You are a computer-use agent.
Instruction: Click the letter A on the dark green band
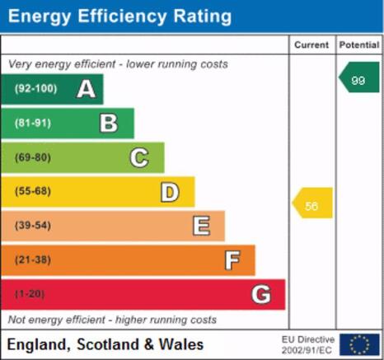tap(87, 89)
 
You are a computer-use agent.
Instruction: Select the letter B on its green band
tap(109, 123)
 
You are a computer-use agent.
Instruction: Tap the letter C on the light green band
tap(139, 157)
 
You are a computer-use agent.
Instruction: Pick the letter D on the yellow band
tap(170, 192)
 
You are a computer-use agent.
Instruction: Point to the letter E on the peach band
tap(201, 226)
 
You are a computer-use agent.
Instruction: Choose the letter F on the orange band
tap(232, 260)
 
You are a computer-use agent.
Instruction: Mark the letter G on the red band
tap(261, 294)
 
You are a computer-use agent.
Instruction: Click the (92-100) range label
tap(36, 88)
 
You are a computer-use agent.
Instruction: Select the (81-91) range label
tap(33, 123)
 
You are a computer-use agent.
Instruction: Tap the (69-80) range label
tap(33, 157)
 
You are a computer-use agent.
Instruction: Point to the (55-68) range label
tap(33, 191)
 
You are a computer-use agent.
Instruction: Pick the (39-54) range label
tap(33, 225)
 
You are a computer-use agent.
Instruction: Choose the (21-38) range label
tap(33, 259)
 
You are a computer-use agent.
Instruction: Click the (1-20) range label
tap(30, 294)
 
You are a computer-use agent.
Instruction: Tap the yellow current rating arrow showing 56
tap(312, 203)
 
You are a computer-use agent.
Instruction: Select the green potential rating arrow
tap(359, 77)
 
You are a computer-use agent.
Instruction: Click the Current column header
tap(311, 44)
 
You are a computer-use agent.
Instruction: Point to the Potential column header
tap(359, 44)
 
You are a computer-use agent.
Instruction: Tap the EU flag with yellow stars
tap(359, 344)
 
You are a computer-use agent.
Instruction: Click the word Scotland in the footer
tap(108, 344)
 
